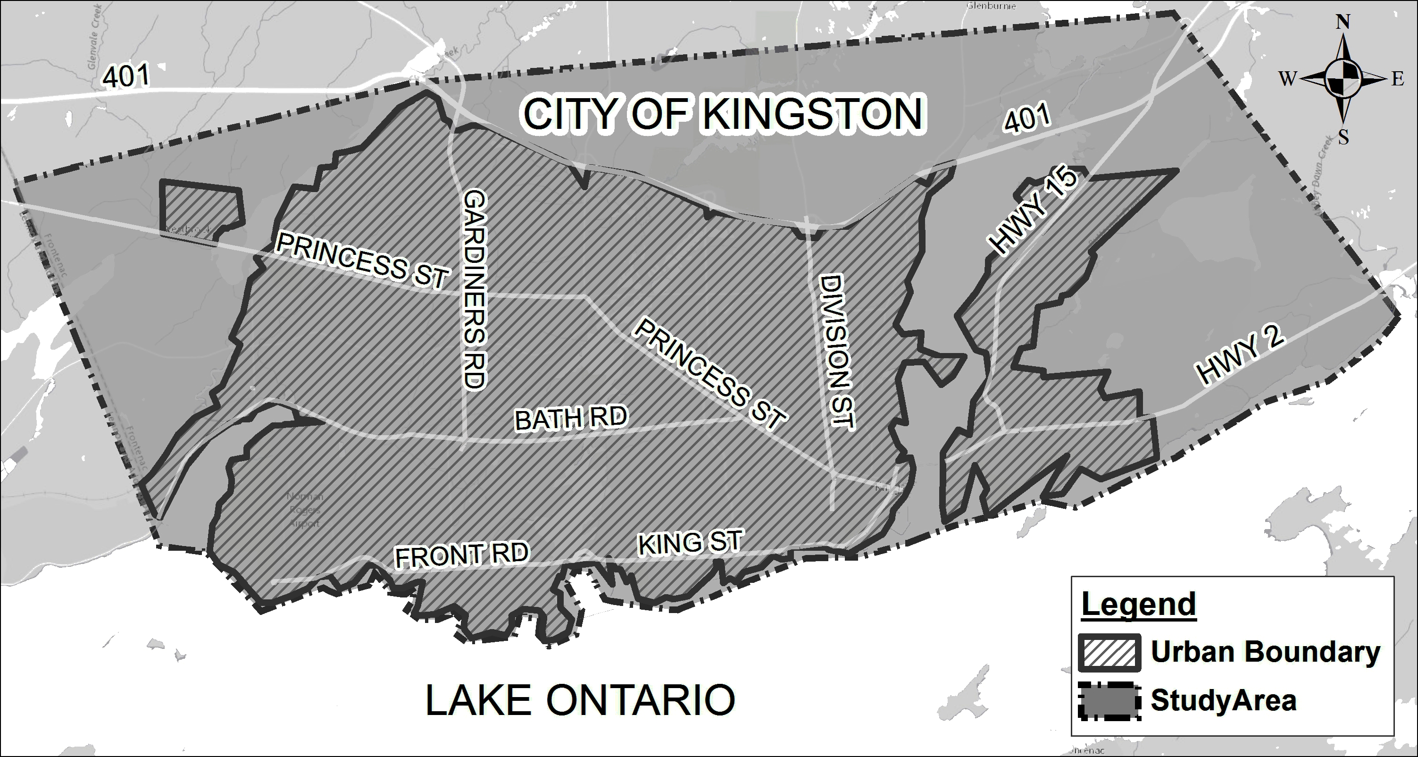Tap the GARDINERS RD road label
pyautogui.click(x=474, y=290)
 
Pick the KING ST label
pyautogui.click(x=690, y=542)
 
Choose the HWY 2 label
pyautogui.click(x=1241, y=353)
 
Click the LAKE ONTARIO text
pyautogui.click(x=580, y=700)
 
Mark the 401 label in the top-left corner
pyautogui.click(x=126, y=76)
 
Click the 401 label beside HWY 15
pyautogui.click(x=1026, y=118)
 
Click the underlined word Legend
pyautogui.click(x=1138, y=605)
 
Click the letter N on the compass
pyautogui.click(x=1343, y=22)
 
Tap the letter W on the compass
pyautogui.click(x=1287, y=79)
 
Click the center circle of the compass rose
pyautogui.click(x=1343, y=79)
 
